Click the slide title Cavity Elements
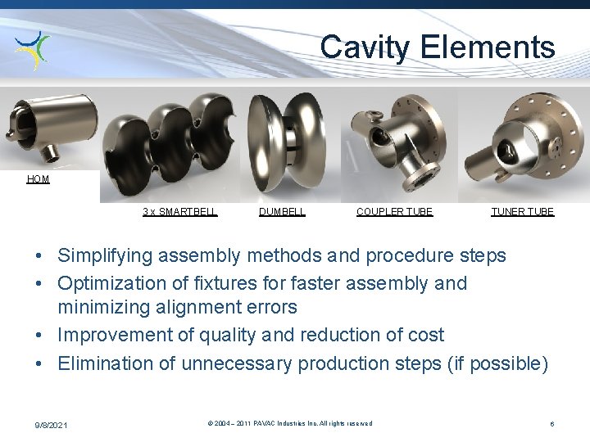click(x=438, y=47)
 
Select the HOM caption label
click(x=38, y=179)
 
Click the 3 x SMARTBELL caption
click(x=179, y=212)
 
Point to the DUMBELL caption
click(x=282, y=212)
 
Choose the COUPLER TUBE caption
click(x=394, y=212)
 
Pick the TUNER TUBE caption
click(x=522, y=212)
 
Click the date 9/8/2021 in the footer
click(x=52, y=424)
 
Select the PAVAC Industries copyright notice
click(x=290, y=423)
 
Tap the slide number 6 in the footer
click(x=552, y=424)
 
